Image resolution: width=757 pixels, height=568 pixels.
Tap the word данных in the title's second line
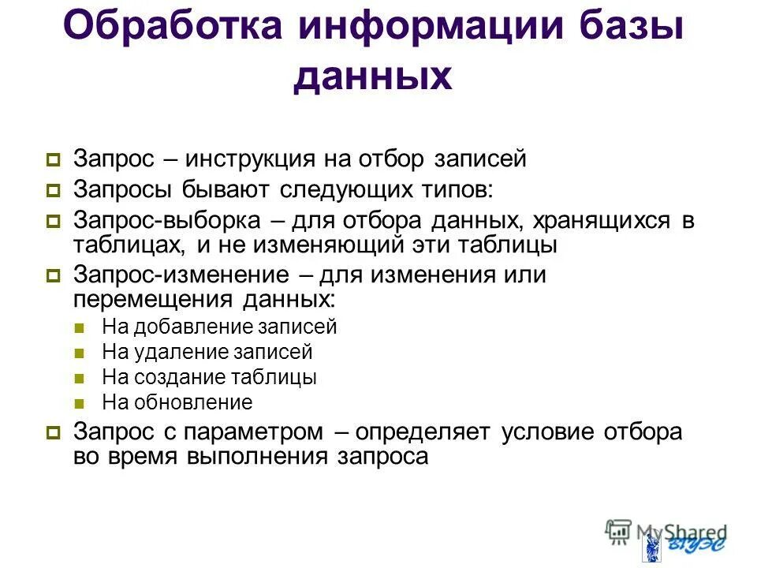click(x=372, y=78)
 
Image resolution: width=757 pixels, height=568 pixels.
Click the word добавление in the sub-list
click(x=192, y=327)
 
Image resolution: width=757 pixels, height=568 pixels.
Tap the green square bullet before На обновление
click(x=78, y=403)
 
